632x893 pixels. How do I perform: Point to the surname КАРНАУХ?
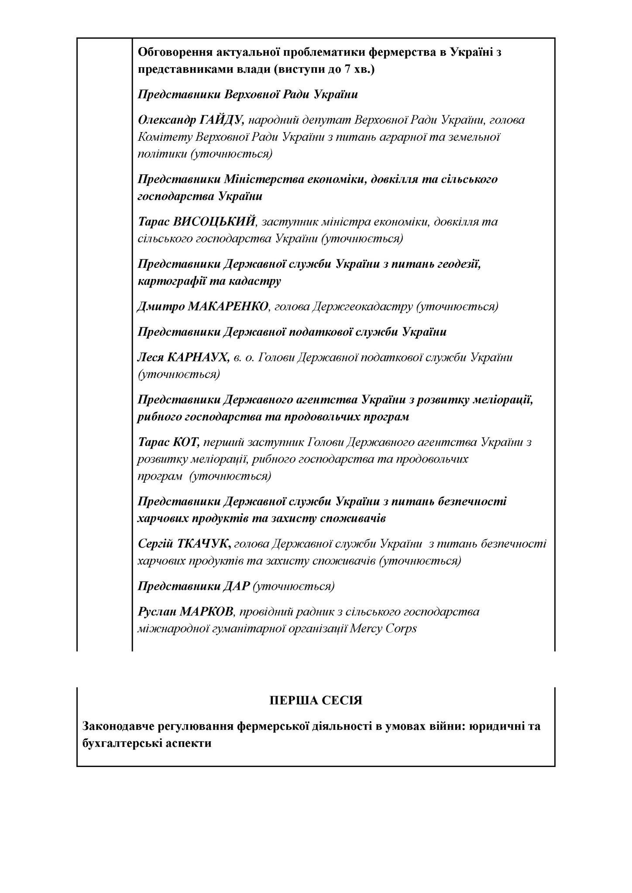click(197, 358)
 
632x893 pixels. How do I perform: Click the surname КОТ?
click(186, 442)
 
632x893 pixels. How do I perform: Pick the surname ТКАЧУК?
click(204, 544)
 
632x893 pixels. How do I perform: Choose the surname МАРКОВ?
click(205, 611)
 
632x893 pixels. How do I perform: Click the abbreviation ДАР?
click(236, 586)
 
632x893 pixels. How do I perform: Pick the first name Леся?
click(150, 358)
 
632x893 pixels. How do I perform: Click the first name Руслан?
click(155, 611)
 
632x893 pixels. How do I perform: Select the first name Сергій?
click(155, 544)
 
